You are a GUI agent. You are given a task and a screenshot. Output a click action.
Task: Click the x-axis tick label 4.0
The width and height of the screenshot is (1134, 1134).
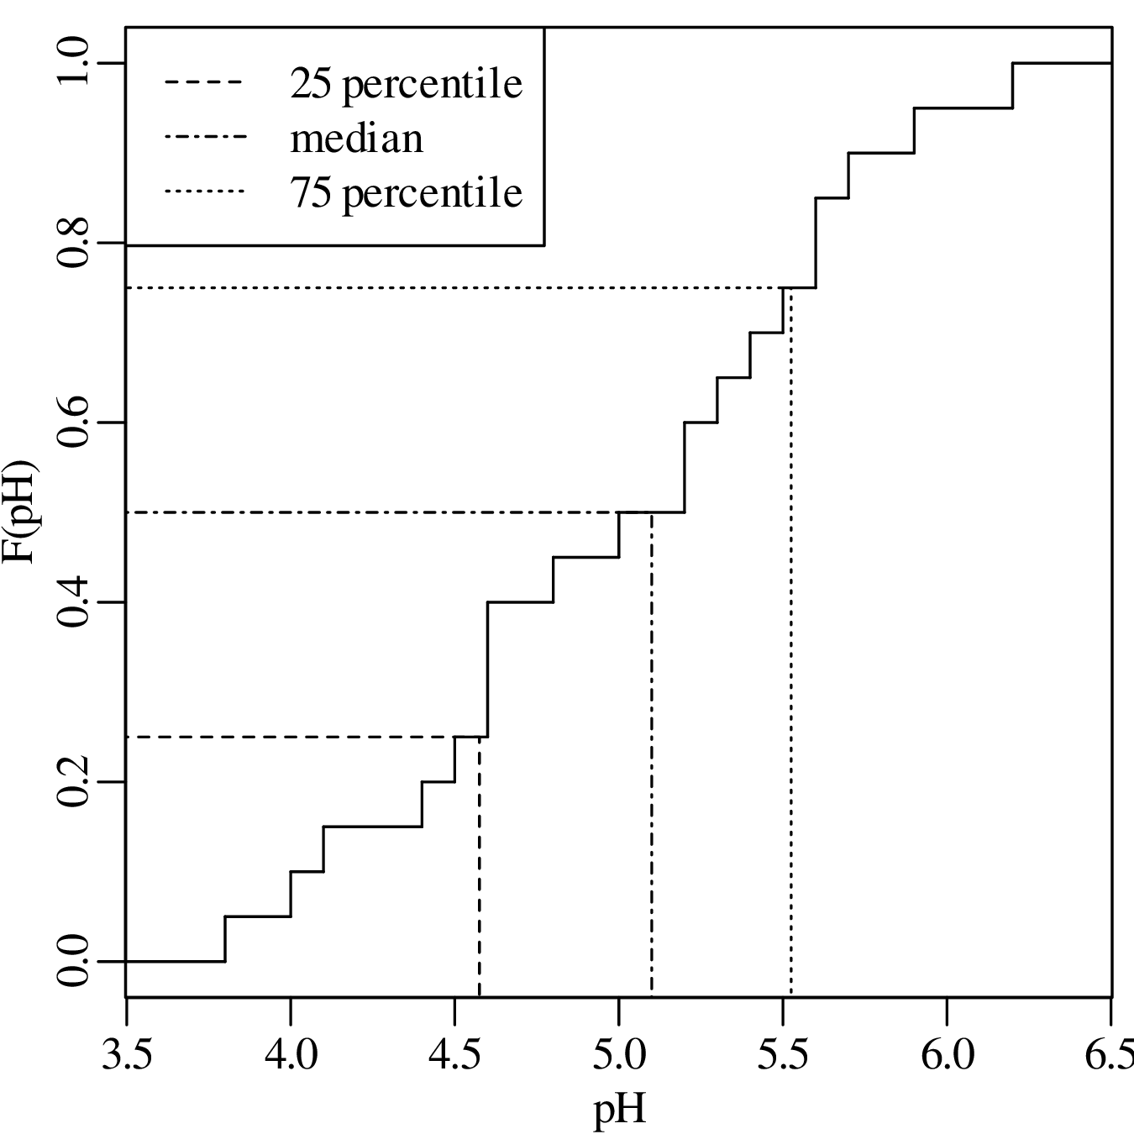coord(291,1054)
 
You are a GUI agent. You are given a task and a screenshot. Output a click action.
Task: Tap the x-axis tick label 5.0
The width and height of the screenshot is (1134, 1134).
coord(619,1054)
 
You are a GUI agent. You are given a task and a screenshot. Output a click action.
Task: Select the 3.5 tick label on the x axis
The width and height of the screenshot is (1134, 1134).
coord(127,1054)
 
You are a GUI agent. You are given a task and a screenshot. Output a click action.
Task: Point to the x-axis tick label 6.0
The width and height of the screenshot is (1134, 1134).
coord(947,1054)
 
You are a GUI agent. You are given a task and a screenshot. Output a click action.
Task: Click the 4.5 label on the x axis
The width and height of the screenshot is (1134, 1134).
coord(454,1054)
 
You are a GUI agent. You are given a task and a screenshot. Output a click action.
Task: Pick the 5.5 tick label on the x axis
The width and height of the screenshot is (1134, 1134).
coord(783,1054)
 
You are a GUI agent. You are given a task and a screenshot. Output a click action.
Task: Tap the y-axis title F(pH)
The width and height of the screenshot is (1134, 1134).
coord(22,512)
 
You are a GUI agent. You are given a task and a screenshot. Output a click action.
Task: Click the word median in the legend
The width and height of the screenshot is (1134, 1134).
coord(357,139)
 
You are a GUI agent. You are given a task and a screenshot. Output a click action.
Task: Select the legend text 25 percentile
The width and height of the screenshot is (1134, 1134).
coord(407,84)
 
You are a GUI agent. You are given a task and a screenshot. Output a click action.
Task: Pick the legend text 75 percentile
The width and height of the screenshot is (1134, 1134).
coord(407,193)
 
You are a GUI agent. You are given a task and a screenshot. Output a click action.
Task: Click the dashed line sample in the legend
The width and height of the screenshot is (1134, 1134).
coord(204,83)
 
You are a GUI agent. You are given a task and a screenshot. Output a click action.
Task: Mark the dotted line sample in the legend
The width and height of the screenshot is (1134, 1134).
coord(204,192)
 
